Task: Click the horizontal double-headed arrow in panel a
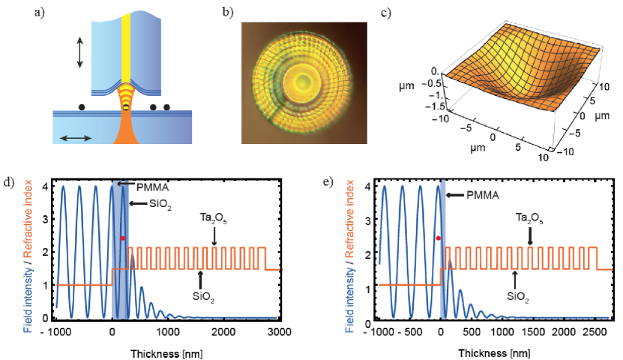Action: [76, 137]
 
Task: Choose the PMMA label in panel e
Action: [475, 194]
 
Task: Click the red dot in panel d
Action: [123, 238]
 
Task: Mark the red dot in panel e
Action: [439, 238]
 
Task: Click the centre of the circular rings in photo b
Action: [304, 81]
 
